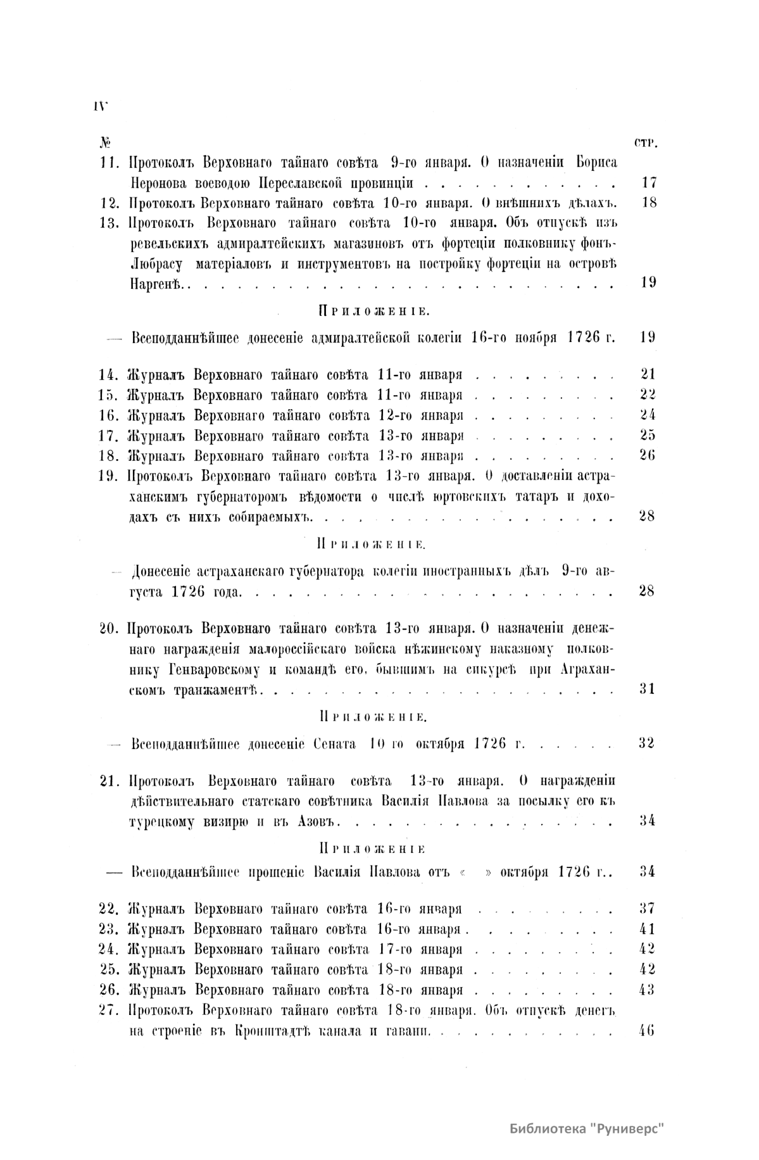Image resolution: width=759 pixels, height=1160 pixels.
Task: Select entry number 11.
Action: click(110, 163)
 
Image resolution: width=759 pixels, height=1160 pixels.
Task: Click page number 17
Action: click(648, 184)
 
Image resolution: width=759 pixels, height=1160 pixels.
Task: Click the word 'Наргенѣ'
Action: click(156, 282)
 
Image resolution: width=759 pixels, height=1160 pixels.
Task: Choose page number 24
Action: click(648, 415)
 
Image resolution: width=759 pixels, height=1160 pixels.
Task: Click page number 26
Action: click(648, 456)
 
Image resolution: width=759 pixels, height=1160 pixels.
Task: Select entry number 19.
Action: click(110, 476)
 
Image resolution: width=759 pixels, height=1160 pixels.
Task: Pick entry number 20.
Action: click(110, 629)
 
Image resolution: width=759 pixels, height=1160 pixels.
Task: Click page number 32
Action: click(647, 743)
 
